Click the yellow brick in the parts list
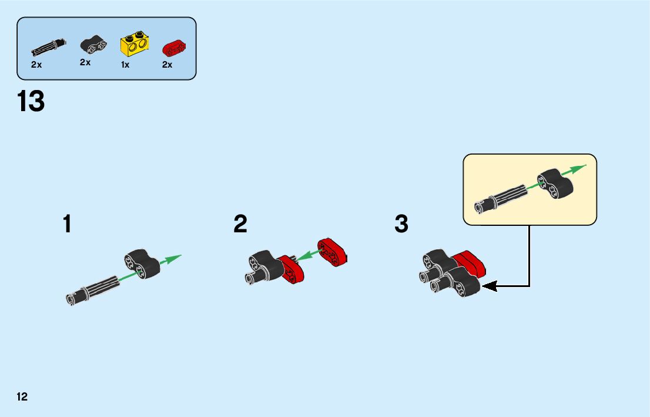[x=133, y=45]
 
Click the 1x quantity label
[x=125, y=65]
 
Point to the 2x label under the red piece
[x=167, y=65]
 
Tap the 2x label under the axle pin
[x=36, y=65]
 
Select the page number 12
[x=22, y=396]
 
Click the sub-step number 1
[x=68, y=225]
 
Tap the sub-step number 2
[x=240, y=225]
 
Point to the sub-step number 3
[x=401, y=225]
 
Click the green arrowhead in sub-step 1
[x=174, y=258]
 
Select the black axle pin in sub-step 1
[x=93, y=289]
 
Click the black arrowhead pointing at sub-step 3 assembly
[x=489, y=286]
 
